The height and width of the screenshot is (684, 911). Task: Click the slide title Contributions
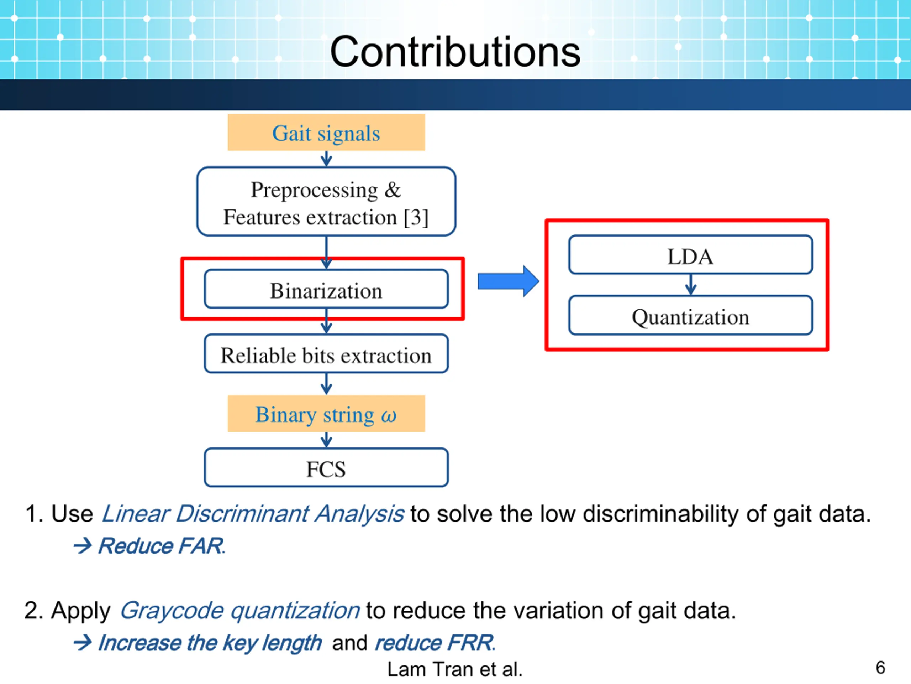tap(455, 52)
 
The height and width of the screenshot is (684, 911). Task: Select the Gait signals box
tap(326, 133)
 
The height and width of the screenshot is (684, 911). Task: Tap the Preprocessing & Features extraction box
tap(326, 202)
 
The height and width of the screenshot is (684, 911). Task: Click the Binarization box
tap(326, 289)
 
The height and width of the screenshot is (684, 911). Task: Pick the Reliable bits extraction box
tap(326, 354)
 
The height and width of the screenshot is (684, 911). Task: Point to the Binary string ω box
tap(326, 414)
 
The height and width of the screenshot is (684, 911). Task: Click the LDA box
tap(690, 255)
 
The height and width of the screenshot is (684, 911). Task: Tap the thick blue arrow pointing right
tap(508, 281)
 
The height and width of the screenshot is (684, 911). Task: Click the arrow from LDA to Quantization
tap(691, 285)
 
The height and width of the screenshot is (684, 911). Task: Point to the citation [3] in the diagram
tap(416, 217)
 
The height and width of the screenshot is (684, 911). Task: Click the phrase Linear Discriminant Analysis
tap(252, 514)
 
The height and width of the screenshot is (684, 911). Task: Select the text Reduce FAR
tap(162, 546)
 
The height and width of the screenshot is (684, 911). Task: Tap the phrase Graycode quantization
tap(240, 610)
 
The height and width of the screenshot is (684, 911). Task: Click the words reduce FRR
tap(435, 642)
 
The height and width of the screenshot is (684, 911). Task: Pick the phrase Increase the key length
tap(210, 642)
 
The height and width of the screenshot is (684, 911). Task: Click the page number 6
tap(880, 667)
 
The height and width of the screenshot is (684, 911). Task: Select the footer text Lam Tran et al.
tap(455, 669)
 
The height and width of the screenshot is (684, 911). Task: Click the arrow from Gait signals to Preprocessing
tap(326, 158)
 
